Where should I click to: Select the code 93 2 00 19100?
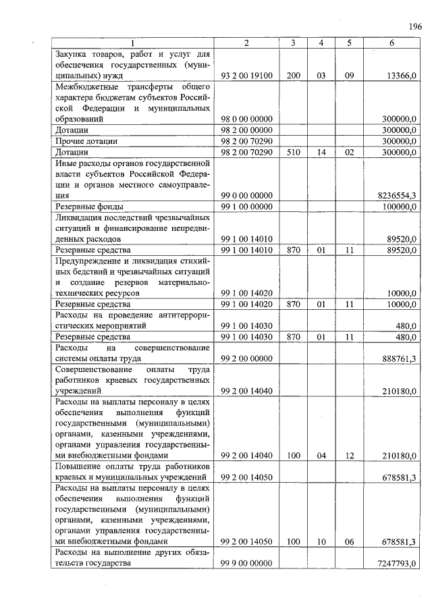click(246, 76)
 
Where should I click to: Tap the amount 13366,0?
click(401, 76)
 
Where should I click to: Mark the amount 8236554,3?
click(397, 195)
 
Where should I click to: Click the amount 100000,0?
click(399, 207)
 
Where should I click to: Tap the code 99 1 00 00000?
click(246, 207)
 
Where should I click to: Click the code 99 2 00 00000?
click(246, 358)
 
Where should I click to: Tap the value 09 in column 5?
click(349, 76)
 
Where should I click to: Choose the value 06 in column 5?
click(349, 541)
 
